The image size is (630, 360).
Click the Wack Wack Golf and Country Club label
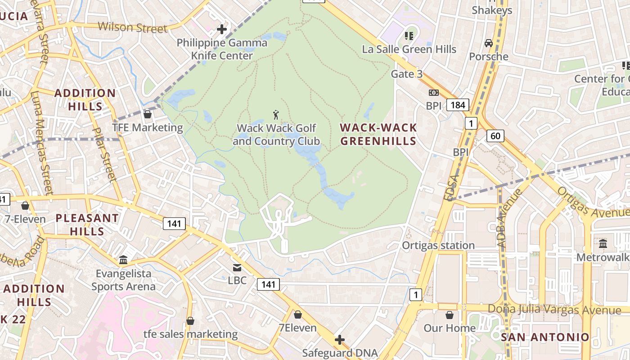coord(276,135)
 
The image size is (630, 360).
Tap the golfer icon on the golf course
coord(276,115)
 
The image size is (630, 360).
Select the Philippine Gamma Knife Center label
coord(222,49)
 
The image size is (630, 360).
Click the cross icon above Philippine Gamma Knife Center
coord(221,29)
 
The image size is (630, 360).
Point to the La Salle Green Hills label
coord(409,49)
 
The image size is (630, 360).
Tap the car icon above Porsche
coord(488,43)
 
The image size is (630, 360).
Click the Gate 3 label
coord(406,74)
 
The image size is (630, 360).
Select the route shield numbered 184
coord(458,105)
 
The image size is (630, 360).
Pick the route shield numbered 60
coord(495,135)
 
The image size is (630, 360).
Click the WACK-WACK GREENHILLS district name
coord(378,134)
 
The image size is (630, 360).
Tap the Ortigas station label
coord(438,245)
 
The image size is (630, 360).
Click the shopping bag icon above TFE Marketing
coord(147,114)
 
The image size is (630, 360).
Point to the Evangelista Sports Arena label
coord(123,280)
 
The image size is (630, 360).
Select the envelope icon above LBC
coord(237,268)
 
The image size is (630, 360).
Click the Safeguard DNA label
coord(340,353)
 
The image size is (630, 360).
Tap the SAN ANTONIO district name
coord(545,337)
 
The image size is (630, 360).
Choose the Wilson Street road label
coord(132,27)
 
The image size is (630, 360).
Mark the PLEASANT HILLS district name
coord(87,225)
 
